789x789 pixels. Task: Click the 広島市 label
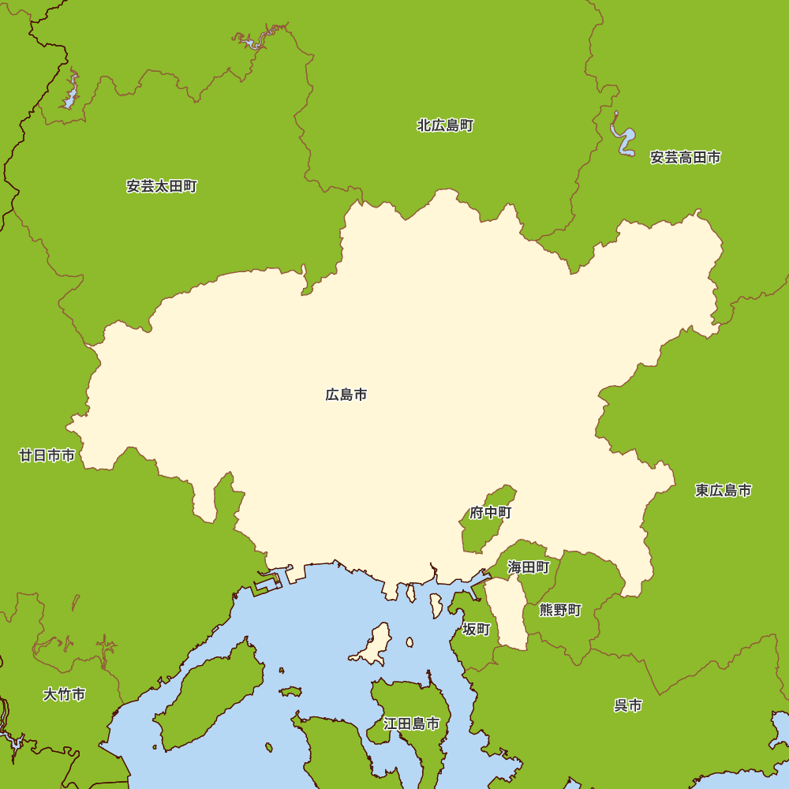point(346,394)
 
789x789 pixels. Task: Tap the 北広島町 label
point(445,125)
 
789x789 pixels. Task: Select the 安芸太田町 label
point(162,186)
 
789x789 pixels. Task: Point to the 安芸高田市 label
point(685,157)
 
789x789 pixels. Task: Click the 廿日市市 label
point(47,455)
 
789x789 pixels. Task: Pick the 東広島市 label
point(723,491)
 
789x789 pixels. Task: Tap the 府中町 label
point(491,513)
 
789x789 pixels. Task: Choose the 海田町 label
point(529,567)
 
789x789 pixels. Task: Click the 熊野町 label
point(560,610)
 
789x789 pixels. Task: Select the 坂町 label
point(477,629)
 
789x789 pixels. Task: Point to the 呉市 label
point(628,705)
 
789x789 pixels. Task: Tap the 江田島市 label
point(411,724)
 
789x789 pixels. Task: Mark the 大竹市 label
point(64,694)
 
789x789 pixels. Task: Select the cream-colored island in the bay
point(375,645)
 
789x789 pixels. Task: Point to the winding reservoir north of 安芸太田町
point(254,39)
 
